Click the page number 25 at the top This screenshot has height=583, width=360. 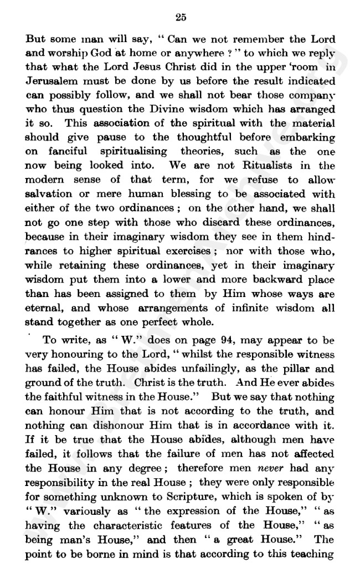click(x=180, y=17)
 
